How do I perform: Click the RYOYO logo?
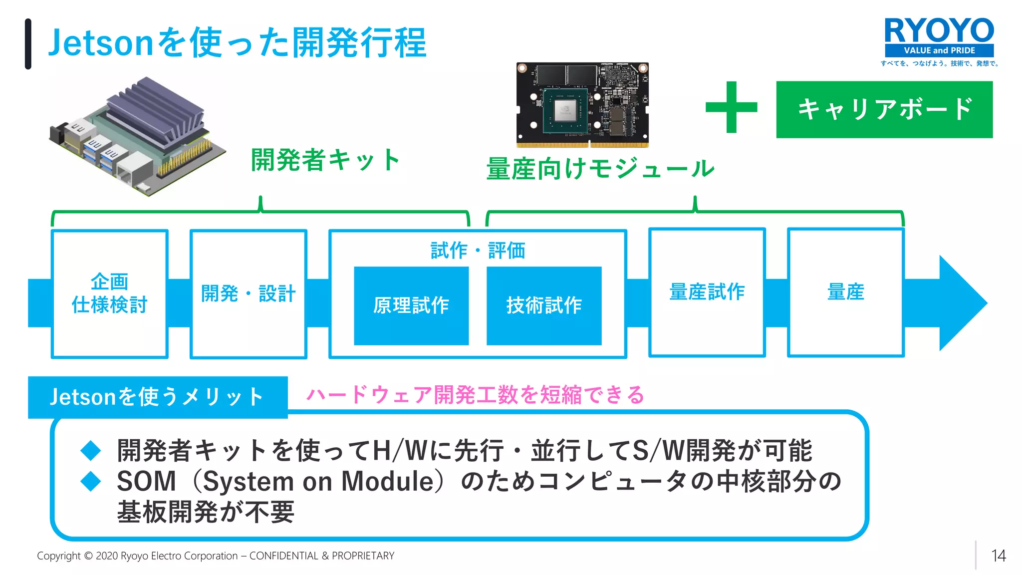(x=939, y=37)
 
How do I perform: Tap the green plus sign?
(x=731, y=107)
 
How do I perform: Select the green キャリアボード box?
(x=884, y=109)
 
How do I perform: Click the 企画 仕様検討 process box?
(x=109, y=293)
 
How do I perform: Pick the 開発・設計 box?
(x=248, y=293)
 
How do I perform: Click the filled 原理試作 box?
(x=411, y=305)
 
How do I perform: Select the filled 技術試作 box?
(x=544, y=305)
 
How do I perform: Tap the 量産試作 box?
(x=707, y=292)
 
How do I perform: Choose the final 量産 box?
(x=845, y=292)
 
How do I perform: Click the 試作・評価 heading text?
(x=478, y=250)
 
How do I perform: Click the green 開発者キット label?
(x=325, y=160)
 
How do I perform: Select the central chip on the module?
(x=565, y=109)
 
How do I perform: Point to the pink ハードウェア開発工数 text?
(x=474, y=395)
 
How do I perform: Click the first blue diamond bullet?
(x=91, y=451)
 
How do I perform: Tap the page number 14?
(x=998, y=556)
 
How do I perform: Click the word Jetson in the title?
(x=100, y=43)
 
